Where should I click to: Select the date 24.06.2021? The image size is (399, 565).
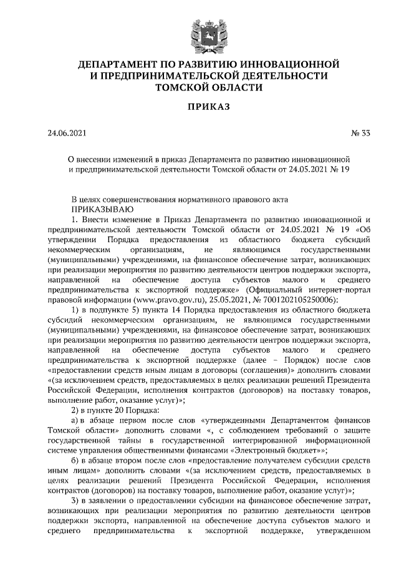click(x=67, y=133)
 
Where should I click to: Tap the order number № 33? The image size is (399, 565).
click(x=360, y=133)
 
